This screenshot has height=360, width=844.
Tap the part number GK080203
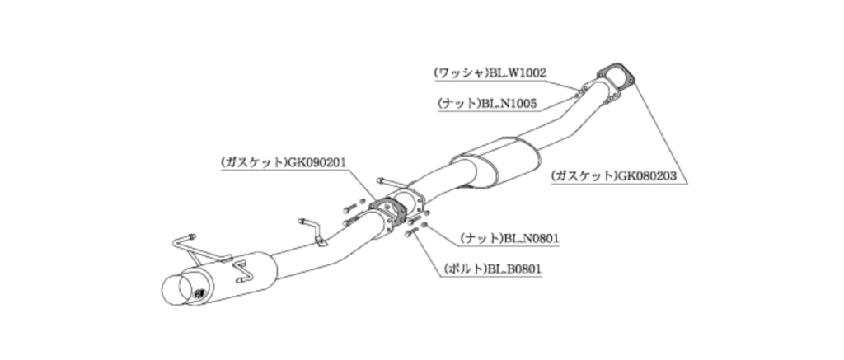[654, 175]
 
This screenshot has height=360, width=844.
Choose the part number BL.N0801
[532, 238]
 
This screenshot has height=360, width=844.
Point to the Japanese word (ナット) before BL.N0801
[481, 238]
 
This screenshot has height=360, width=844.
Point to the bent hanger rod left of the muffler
[185, 242]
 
